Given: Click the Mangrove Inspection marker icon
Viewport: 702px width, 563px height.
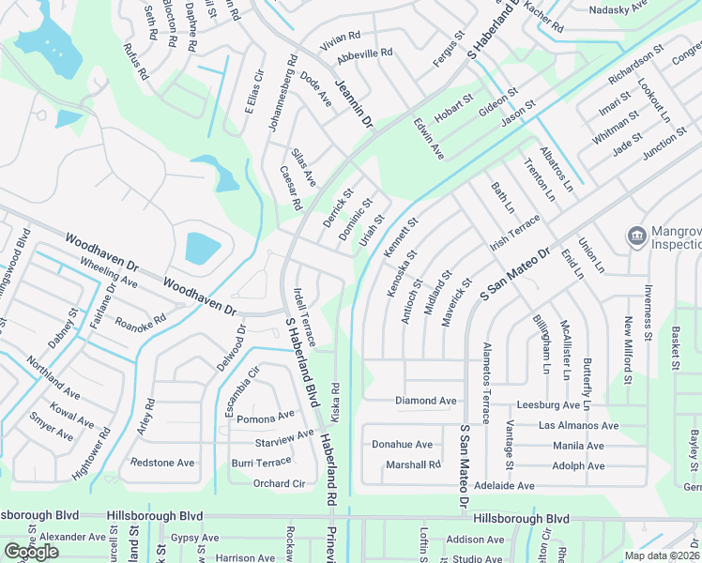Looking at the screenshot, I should point(636,235).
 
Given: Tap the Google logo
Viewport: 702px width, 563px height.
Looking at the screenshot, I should point(31,552).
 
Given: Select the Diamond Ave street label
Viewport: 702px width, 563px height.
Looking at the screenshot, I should point(426,401).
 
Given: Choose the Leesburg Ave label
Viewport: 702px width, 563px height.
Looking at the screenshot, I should point(549,405).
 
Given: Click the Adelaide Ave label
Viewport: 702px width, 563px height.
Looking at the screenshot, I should point(503,486).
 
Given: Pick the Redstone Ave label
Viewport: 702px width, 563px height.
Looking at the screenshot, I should point(161,463).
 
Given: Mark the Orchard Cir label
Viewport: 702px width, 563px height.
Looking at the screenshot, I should point(280,484).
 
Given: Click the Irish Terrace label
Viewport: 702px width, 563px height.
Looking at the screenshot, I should point(515,233).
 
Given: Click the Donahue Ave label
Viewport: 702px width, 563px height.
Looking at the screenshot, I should point(402,445).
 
